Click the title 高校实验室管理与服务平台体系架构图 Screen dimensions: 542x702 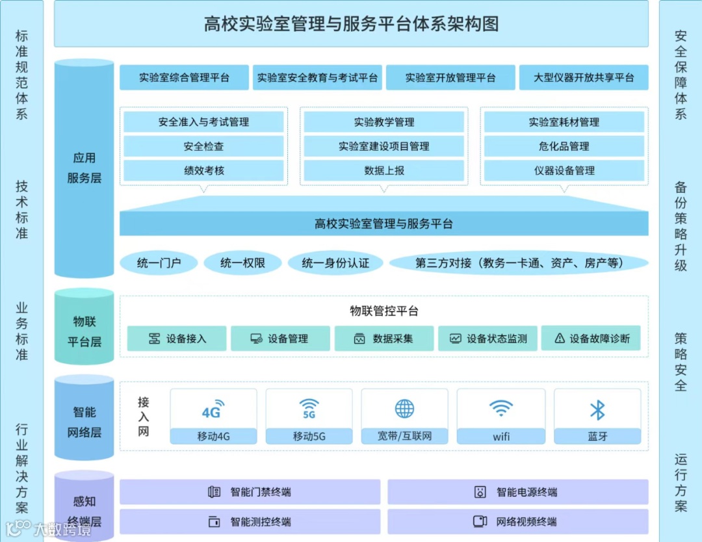[x=351, y=25]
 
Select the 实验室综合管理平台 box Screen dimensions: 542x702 [x=184, y=78]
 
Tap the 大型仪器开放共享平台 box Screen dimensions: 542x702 [x=583, y=78]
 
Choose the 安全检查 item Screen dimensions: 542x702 [x=203, y=147]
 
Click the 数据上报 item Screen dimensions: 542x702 [x=383, y=171]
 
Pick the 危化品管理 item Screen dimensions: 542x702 [x=563, y=147]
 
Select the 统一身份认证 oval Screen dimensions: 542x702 [x=335, y=263]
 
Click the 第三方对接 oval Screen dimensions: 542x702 [x=519, y=263]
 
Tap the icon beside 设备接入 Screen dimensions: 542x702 [x=154, y=339]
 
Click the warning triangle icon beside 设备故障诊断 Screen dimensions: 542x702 [x=560, y=339]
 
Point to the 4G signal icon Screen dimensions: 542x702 [x=213, y=409]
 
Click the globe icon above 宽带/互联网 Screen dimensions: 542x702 [x=404, y=409]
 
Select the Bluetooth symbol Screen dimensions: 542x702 [x=597, y=409]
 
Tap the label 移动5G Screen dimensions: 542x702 [x=309, y=437]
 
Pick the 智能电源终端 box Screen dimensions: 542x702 [x=518, y=492]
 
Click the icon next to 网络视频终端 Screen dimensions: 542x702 [x=480, y=521]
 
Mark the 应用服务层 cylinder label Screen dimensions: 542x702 [x=84, y=168]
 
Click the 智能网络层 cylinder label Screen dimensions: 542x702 [x=84, y=422]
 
